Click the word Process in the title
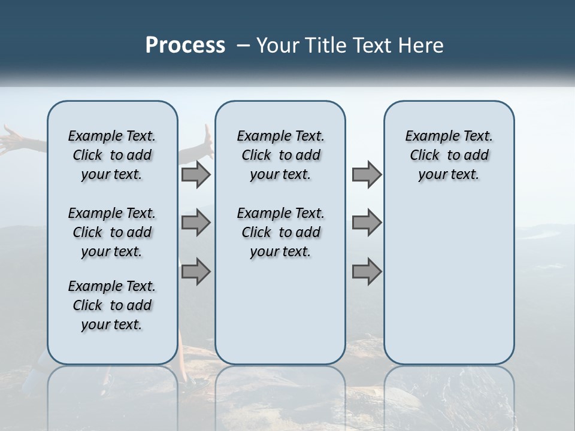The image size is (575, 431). click(184, 45)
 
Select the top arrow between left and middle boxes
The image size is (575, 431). click(195, 175)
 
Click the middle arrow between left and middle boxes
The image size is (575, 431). click(195, 223)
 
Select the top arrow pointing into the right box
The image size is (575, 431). click(367, 175)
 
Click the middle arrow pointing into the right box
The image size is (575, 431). click(367, 223)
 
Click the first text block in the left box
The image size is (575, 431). click(112, 155)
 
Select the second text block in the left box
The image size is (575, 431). click(112, 232)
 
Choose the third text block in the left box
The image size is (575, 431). click(112, 305)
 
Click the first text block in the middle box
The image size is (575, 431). click(280, 155)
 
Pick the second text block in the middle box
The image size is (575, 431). click(280, 232)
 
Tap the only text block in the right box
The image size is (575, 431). click(449, 155)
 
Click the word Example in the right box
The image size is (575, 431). click(428, 136)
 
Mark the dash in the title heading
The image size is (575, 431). click(243, 45)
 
